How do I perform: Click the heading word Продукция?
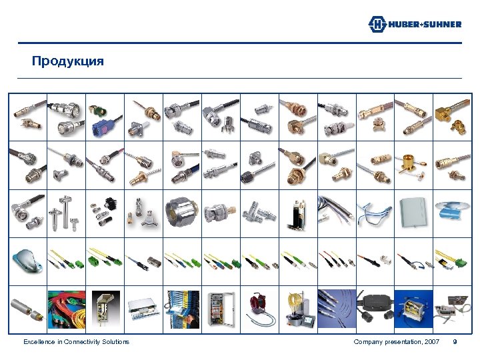click(68, 61)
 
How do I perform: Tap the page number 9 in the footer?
click(455, 342)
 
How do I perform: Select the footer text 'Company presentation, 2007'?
click(396, 342)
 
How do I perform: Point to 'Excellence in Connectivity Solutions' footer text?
click(76, 342)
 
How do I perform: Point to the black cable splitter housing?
click(375, 307)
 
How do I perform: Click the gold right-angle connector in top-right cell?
click(453, 117)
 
